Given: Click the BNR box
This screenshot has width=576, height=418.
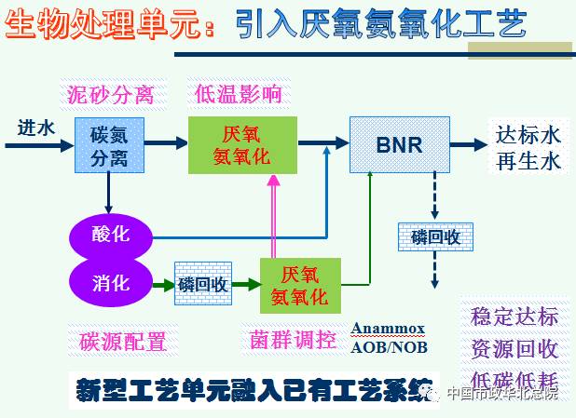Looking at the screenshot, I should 399,144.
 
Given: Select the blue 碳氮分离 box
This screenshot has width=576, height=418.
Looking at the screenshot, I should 108,145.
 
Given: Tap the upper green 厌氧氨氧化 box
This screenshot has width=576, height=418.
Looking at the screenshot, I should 242,145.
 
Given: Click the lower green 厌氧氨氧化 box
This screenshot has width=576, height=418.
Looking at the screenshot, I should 299,285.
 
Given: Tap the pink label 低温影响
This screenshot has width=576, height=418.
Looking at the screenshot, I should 239,94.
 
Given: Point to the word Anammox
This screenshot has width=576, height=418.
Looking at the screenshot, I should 388,328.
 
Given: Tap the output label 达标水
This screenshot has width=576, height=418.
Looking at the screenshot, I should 528,134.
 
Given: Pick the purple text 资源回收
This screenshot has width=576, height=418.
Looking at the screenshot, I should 514,348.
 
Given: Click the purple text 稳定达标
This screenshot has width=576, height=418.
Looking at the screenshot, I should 514,316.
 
